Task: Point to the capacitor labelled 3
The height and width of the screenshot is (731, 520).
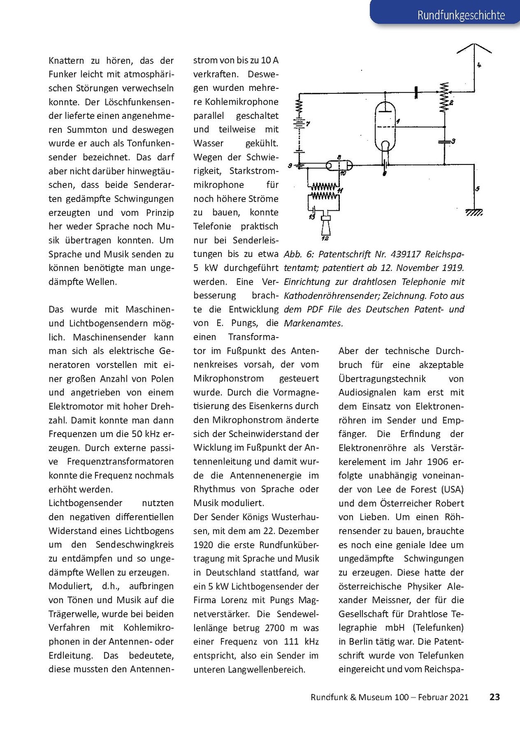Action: [x=445, y=141]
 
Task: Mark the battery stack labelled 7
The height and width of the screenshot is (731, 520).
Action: [x=299, y=124]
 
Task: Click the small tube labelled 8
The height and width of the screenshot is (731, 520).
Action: [x=339, y=165]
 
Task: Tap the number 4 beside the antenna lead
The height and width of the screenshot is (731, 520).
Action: [x=479, y=65]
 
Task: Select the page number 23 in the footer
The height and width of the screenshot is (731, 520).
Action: [x=495, y=697]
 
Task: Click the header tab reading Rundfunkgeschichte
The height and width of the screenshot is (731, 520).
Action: [x=461, y=15]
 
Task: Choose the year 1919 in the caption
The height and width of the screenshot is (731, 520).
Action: [x=451, y=268]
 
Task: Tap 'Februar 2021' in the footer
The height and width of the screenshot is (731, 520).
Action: [x=443, y=697]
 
